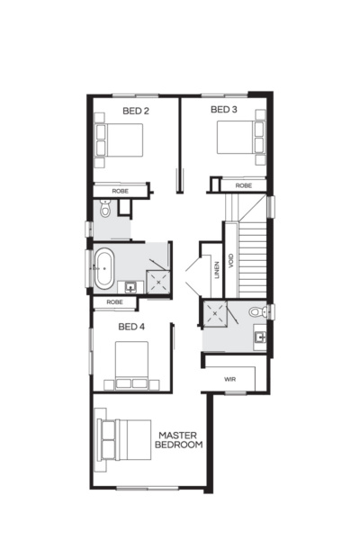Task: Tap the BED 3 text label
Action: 223,110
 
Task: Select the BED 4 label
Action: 130,326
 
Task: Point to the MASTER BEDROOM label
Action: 178,439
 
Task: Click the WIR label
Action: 230,380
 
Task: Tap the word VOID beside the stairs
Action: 231,261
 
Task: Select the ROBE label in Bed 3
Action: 243,185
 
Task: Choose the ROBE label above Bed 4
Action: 114,302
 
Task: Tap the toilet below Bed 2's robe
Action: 105,209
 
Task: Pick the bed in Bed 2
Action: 119,142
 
